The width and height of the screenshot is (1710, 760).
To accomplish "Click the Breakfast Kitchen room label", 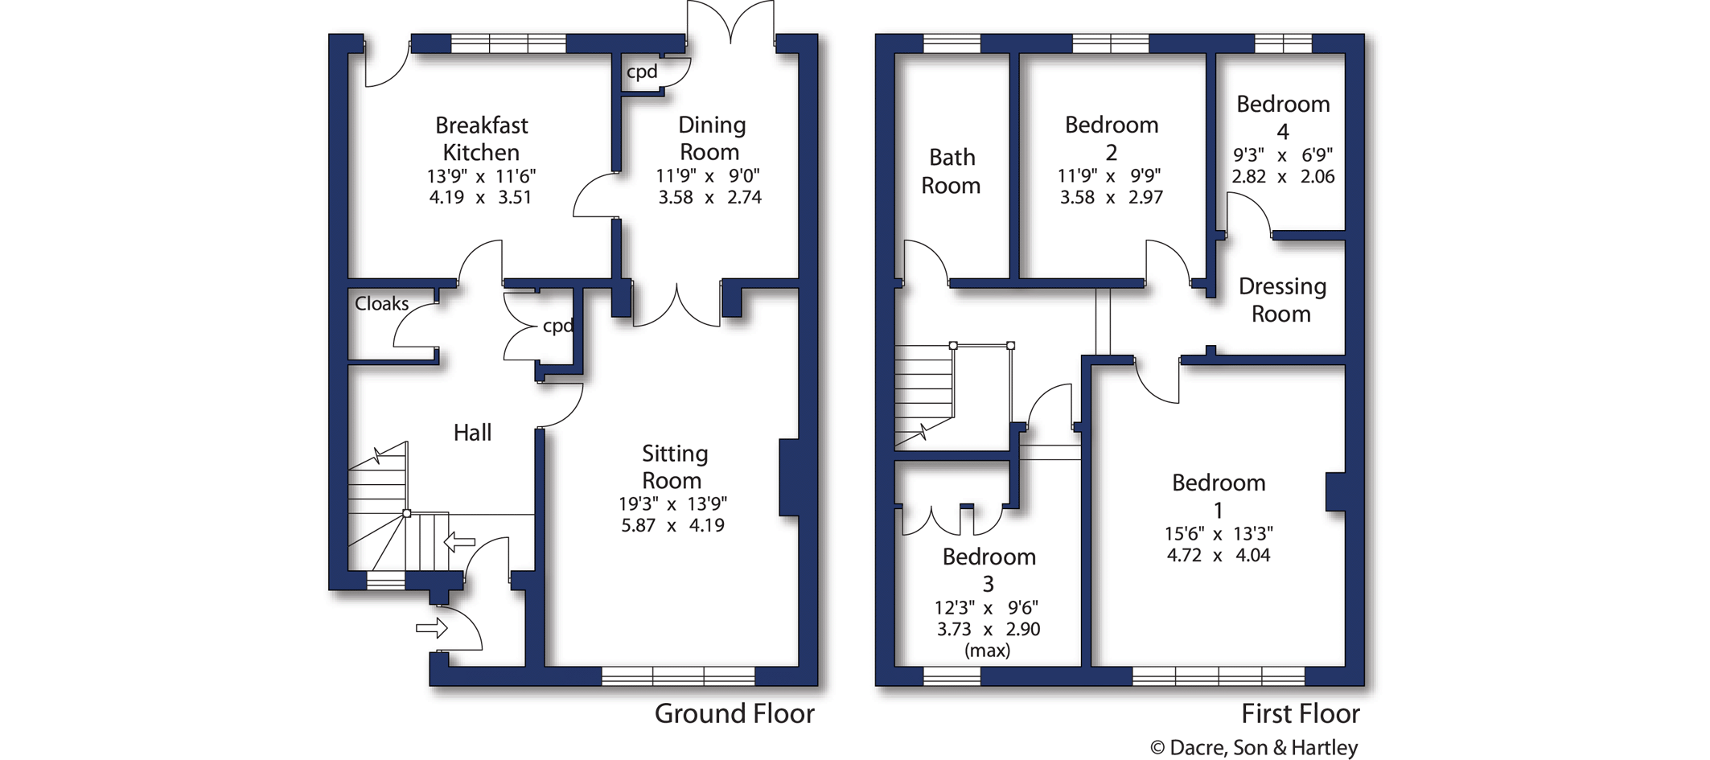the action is tap(481, 138).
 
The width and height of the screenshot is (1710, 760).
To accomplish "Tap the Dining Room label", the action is tap(711, 138).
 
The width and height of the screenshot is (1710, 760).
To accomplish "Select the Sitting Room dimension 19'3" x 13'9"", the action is tap(672, 504).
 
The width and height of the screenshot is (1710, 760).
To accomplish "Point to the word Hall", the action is tap(472, 433).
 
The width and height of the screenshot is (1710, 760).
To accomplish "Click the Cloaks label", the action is tap(382, 304).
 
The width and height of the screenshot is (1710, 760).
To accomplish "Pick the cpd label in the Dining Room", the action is tap(642, 72).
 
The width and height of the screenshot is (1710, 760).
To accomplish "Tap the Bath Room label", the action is tap(951, 171).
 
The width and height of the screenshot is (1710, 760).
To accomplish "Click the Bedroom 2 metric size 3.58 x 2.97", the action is tap(1111, 197).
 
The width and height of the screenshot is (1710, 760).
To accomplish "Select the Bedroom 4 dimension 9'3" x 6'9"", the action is tap(1283, 154).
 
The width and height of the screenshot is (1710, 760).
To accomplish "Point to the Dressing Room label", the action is tap(1282, 300).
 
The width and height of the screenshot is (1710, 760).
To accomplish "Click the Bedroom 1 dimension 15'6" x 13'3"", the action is tap(1219, 534).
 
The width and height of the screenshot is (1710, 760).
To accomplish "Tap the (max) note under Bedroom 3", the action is tap(987, 651).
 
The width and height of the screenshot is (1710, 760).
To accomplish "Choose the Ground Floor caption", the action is tap(734, 713).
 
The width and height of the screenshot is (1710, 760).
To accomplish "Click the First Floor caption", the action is tap(1301, 713).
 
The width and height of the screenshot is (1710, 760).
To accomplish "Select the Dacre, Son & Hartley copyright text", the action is tap(1254, 748).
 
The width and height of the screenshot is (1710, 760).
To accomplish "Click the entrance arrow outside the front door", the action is tap(432, 627).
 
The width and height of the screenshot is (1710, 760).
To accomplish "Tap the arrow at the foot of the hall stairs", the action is tap(459, 542).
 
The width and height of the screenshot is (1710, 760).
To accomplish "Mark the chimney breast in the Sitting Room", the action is tap(789, 477).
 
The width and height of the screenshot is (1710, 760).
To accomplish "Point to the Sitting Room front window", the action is tap(678, 676).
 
